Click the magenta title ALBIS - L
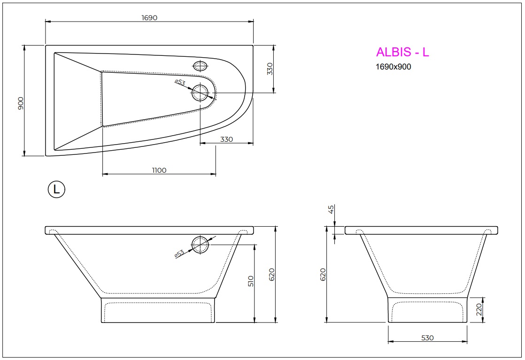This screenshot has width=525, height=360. tap(402, 52)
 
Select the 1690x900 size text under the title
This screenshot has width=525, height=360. tap(393, 67)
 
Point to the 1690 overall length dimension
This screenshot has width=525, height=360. tap(149, 17)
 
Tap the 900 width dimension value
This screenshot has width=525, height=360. tap(20, 103)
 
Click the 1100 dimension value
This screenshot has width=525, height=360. tap(159, 170)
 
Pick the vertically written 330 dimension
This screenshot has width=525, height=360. tap(270, 69)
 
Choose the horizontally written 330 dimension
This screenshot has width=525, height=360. tap(226, 139)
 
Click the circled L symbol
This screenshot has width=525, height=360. tap(56, 189)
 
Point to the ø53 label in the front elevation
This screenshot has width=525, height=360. tap(179, 253)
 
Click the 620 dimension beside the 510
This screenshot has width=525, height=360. tap(271, 274)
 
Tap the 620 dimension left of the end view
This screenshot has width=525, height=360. tap(323, 274)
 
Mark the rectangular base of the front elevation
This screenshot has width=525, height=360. tap(158, 310)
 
